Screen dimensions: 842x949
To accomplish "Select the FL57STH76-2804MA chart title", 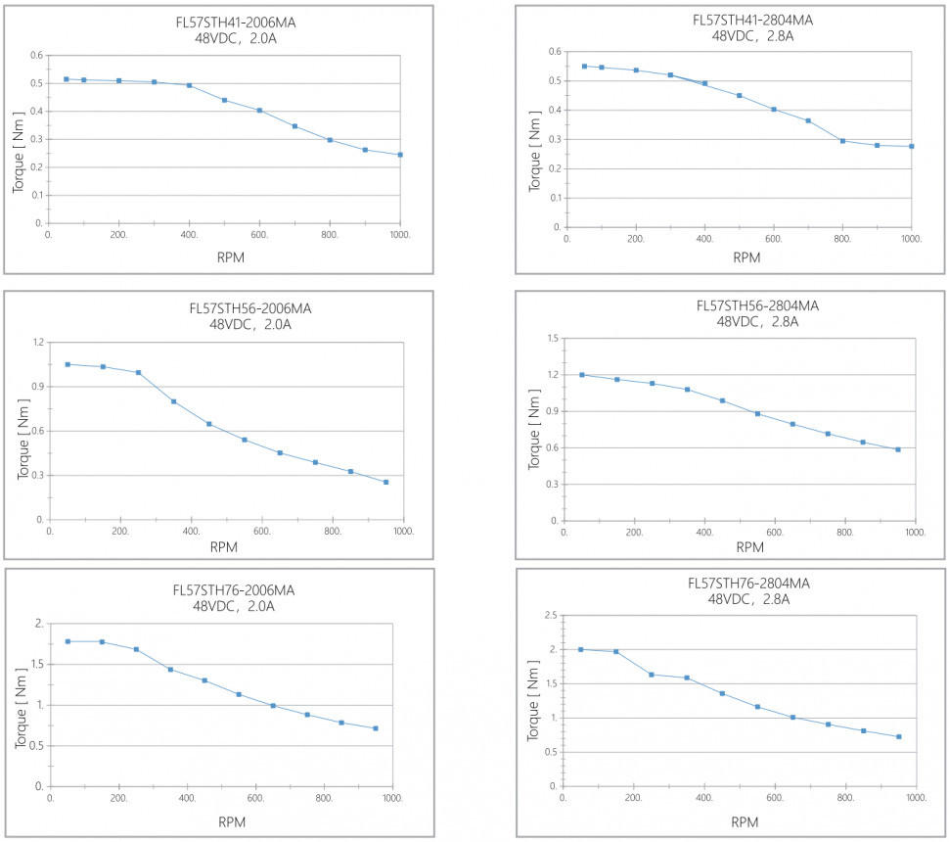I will pos(748,584).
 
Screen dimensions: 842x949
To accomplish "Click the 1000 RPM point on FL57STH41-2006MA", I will pos(400,155).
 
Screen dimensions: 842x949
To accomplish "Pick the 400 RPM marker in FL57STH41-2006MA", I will pos(189,85).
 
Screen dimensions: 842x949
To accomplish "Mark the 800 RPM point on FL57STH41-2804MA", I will pos(842,141).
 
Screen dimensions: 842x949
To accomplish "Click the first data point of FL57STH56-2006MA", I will pos(68,364).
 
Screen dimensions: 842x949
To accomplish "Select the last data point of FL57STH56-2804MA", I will pos(898,449).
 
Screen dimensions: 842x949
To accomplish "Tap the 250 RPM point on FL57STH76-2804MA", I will pos(652,675).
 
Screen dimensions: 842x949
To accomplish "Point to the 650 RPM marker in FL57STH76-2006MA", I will pos(273,705).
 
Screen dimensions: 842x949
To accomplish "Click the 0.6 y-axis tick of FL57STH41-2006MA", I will pos(38,55).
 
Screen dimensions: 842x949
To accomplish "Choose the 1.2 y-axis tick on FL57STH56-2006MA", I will pos(39,342).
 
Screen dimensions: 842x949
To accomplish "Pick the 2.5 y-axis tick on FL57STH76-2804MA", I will pos(550,615).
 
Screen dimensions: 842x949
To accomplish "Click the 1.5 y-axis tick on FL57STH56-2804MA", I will pos(552,339).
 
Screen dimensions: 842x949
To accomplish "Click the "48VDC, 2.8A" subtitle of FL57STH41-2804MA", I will pos(752,36).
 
